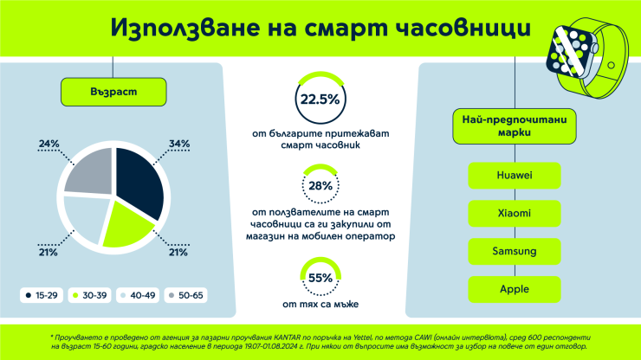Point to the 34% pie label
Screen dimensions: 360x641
pos(179,144)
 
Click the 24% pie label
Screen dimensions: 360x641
pos(49,144)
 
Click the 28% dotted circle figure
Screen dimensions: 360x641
pos(320,186)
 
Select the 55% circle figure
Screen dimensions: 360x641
pos(320,278)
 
